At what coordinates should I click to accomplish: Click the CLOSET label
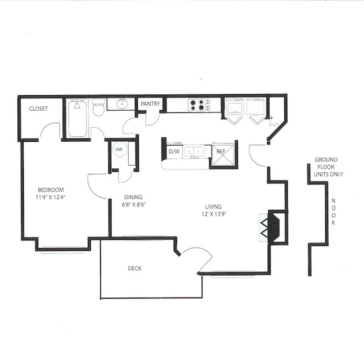[38, 109]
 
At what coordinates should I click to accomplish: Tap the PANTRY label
[150, 104]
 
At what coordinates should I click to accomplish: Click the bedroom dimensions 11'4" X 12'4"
[50, 197]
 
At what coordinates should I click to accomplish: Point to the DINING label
[133, 197]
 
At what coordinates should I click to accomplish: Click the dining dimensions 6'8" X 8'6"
[133, 204]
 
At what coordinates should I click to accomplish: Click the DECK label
[134, 269]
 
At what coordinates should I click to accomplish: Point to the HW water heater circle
[118, 149]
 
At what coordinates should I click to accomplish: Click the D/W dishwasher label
[174, 151]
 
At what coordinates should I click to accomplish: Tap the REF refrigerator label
[221, 151]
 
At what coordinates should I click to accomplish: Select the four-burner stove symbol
[199, 105]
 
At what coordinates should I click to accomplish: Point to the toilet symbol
[98, 107]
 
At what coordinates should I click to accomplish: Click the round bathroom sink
[122, 104]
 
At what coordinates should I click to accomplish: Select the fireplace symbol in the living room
[271, 227]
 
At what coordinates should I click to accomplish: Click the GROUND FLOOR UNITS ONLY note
[329, 167]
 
